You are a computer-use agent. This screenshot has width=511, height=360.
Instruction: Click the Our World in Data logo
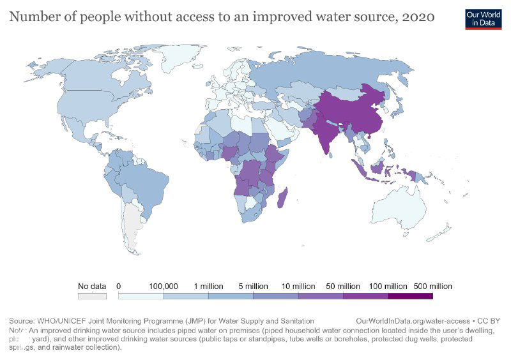(483, 18)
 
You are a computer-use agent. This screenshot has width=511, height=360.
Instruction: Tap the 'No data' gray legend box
(91, 296)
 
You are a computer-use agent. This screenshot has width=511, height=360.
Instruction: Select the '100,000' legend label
(163, 286)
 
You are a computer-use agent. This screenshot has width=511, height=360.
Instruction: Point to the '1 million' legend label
(208, 286)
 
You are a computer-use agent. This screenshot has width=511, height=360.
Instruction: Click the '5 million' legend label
(253, 286)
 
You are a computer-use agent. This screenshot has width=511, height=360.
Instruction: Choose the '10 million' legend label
(298, 286)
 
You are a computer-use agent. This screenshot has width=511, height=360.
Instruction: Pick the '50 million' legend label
(343, 286)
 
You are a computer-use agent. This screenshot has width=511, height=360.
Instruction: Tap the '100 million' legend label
(388, 286)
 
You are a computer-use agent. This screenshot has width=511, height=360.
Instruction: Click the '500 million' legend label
(432, 286)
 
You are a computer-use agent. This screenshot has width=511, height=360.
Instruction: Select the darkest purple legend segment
(410, 296)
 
